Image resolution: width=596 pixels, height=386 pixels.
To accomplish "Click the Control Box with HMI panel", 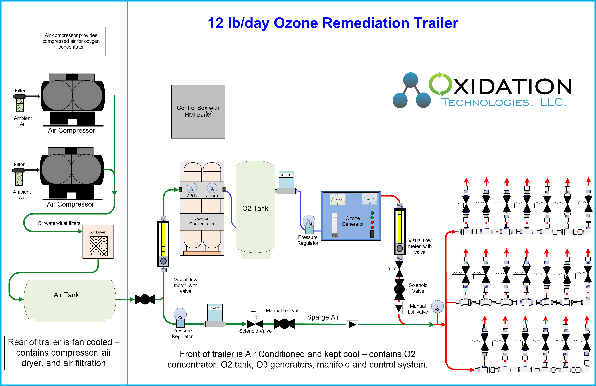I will point(198,111).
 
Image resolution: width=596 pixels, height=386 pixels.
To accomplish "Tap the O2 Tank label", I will point(255,208).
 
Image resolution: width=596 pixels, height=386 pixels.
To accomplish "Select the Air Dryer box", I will point(98,242).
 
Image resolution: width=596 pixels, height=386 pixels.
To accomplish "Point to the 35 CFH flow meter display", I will point(286,175).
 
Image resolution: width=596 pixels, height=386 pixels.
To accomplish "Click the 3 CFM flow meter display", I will point(215,308).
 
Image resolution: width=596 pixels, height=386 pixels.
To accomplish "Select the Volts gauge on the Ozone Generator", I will point(369,199).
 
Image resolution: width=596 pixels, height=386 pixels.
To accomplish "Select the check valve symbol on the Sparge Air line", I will point(352,325).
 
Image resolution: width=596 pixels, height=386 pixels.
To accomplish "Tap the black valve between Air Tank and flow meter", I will point(145,299).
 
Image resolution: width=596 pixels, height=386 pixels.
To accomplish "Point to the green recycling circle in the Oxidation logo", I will point(440,84).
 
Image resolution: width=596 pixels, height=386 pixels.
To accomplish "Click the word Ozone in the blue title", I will point(296,23).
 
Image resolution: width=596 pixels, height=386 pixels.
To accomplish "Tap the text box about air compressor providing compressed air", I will point(71,41).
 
